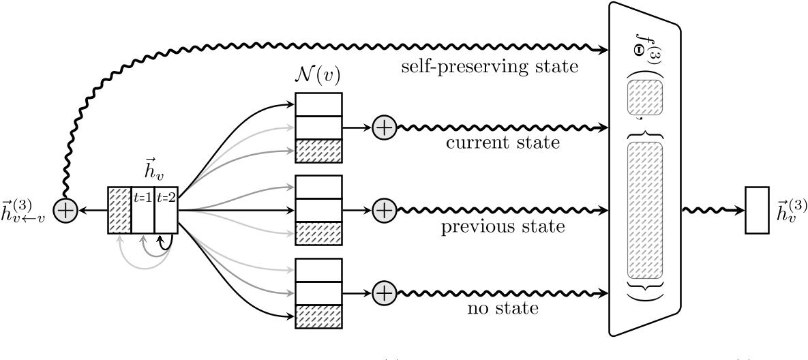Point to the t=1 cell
coord(143,210)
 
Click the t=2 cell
coord(166,210)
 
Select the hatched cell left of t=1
coord(119,210)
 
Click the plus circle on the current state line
coord(385,127)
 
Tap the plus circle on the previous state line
coord(385,210)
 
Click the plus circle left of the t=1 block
coord(65,211)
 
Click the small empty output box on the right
coord(758,210)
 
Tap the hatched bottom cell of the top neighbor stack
coord(318,151)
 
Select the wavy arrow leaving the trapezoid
coord(713,210)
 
